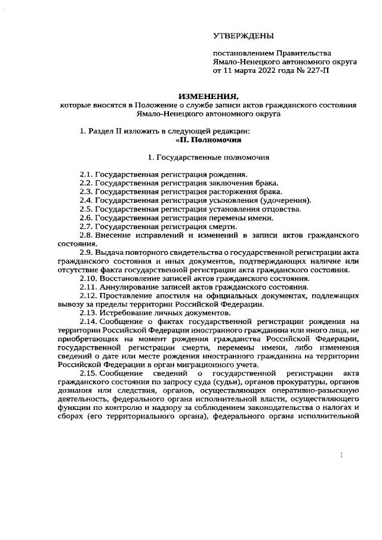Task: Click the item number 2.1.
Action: click(87, 174)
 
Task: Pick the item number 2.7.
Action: click(87, 226)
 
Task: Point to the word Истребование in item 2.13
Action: click(126, 313)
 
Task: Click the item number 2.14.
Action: click(89, 322)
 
